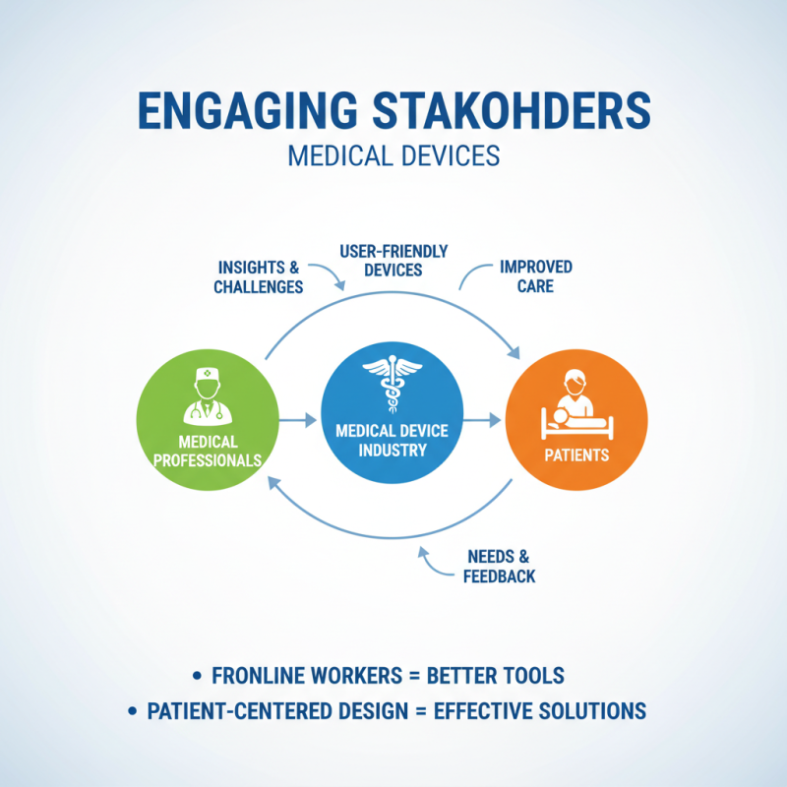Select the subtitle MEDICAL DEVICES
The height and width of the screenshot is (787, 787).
coord(393,156)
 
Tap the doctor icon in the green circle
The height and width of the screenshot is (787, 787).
coord(209,395)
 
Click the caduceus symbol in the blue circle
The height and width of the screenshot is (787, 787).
coord(393,386)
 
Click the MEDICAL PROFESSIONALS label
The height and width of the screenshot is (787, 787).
coord(208,451)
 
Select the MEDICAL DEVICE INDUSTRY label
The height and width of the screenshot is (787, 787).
coord(393,440)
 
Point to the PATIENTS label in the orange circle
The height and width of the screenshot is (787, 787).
coord(576,455)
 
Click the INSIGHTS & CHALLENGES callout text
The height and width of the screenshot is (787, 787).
coord(259,277)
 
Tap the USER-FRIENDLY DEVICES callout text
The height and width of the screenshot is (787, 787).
coord(393,261)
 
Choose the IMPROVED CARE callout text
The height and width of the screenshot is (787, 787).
coord(535,276)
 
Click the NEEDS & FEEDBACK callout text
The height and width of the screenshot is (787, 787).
coord(500,566)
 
